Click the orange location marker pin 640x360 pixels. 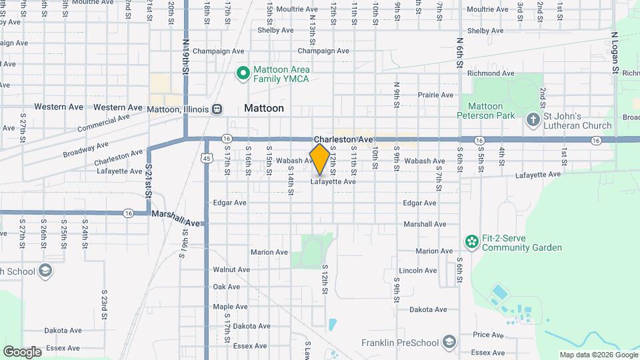point(320,159)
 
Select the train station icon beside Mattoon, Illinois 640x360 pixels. point(217,109)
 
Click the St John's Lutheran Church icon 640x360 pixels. point(533,120)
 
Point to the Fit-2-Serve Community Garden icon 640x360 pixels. point(472,241)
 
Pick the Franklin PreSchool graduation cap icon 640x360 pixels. point(450,343)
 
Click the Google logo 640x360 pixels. point(22,351)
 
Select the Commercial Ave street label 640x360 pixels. point(103,123)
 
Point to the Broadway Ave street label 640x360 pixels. point(86,149)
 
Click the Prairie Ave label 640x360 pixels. point(436,95)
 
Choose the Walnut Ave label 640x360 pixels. point(231,270)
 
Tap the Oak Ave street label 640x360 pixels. point(226,287)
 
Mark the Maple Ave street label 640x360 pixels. point(230,307)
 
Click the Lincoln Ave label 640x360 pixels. point(418,271)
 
